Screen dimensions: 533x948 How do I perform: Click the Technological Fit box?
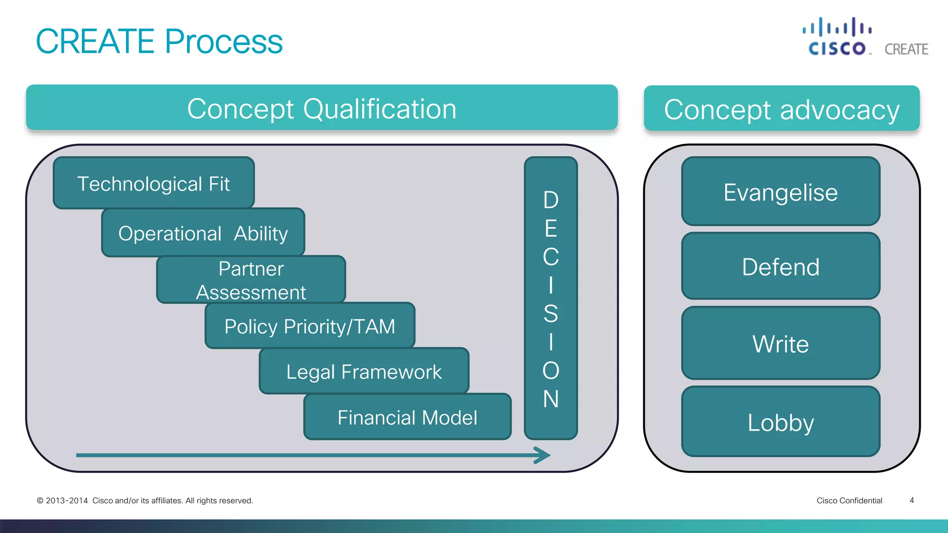[x=154, y=183]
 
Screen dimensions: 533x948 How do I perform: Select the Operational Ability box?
[x=203, y=233]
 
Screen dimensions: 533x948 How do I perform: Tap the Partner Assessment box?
[x=251, y=280]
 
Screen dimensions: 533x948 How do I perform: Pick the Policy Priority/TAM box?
[x=310, y=326]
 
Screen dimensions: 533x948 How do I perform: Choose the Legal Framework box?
[x=364, y=371]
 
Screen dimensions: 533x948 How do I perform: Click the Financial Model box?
[x=407, y=417]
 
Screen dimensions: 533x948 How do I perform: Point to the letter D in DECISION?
[x=551, y=200]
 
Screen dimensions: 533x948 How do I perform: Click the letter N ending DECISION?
[x=551, y=399]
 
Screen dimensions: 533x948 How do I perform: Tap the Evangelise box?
[x=780, y=192]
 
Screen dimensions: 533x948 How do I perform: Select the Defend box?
[x=780, y=266]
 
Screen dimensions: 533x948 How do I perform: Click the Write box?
[x=780, y=343]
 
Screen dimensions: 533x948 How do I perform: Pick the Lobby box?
[x=780, y=422]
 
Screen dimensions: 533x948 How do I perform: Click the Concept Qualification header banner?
[x=322, y=108]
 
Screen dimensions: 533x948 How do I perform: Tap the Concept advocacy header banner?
[x=781, y=109]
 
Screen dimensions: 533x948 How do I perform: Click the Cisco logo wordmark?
[x=837, y=48]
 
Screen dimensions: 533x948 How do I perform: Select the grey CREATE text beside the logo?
[x=906, y=49]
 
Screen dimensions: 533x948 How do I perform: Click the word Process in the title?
[x=224, y=41]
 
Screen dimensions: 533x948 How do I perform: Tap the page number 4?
[x=911, y=500]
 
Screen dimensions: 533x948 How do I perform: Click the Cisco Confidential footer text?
[x=849, y=501]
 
